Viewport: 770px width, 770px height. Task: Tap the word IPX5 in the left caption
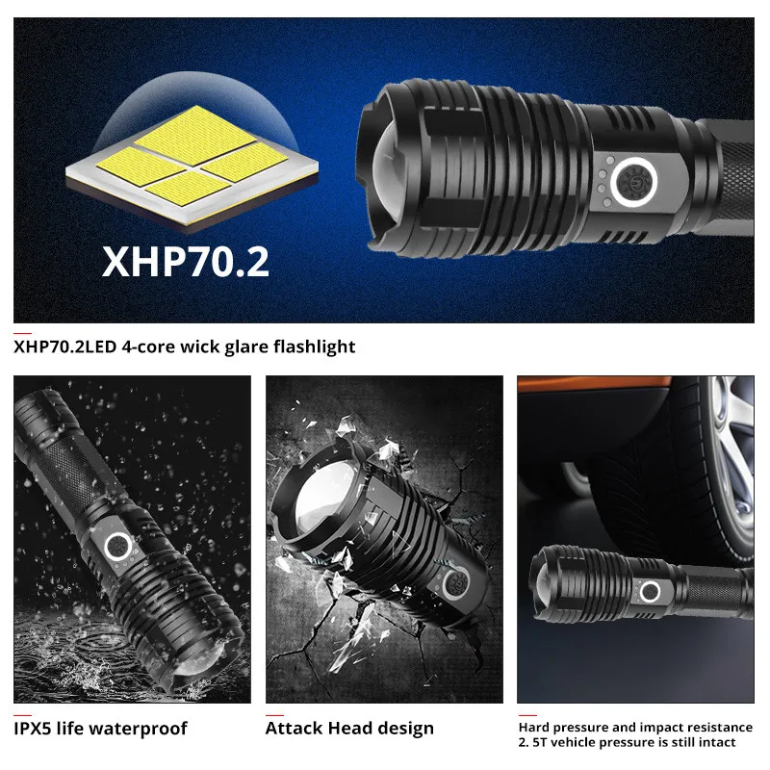tap(36, 729)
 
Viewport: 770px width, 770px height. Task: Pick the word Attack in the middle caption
tap(294, 729)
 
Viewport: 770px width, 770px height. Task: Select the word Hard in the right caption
tap(535, 728)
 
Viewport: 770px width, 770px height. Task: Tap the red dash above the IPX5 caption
tap(21, 714)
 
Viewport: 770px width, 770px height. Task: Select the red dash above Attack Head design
tap(273, 714)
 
